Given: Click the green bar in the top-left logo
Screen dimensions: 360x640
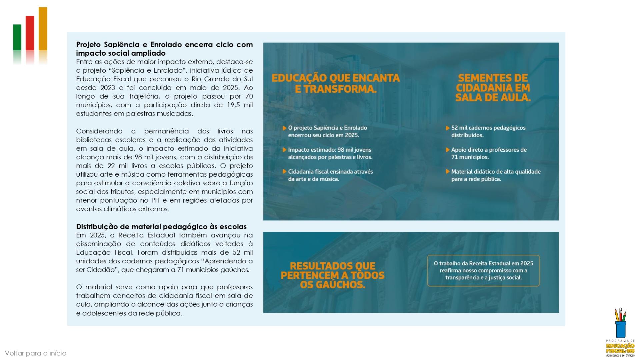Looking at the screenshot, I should (17, 37).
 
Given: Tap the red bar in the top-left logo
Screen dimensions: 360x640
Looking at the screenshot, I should (30, 33).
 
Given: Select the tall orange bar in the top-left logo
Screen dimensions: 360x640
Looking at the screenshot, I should (43, 28).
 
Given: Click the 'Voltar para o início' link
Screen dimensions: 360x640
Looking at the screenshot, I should (36, 353).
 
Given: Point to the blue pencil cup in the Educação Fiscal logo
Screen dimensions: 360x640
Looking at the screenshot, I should (621, 329).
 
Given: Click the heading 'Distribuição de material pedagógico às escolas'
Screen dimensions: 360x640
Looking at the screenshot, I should (161, 227).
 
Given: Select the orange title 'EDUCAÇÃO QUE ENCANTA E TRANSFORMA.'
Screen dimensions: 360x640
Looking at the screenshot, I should (335, 83).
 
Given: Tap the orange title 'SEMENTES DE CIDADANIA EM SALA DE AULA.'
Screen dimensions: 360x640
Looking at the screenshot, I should (493, 88).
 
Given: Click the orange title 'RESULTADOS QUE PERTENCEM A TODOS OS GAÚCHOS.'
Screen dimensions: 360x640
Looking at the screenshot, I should (332, 275).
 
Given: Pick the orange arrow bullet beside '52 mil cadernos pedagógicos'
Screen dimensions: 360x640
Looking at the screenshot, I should (448, 128).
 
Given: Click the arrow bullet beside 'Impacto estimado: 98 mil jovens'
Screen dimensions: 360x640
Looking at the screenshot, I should (284, 150).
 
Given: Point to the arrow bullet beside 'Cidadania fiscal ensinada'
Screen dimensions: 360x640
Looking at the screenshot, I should (284, 172).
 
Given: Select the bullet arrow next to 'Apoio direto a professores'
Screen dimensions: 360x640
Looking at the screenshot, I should (448, 150).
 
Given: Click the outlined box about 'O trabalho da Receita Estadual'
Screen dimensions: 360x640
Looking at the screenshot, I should (483, 270).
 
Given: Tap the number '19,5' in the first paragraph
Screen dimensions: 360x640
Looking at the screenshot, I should (234, 105).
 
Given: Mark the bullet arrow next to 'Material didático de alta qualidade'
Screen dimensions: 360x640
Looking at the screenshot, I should (448, 172).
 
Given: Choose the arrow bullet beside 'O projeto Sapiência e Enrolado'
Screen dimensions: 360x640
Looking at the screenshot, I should (284, 128).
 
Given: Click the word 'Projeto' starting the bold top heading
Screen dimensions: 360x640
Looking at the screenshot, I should (88, 45).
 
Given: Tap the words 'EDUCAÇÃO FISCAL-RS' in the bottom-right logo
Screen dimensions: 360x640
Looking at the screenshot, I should (620, 348).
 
